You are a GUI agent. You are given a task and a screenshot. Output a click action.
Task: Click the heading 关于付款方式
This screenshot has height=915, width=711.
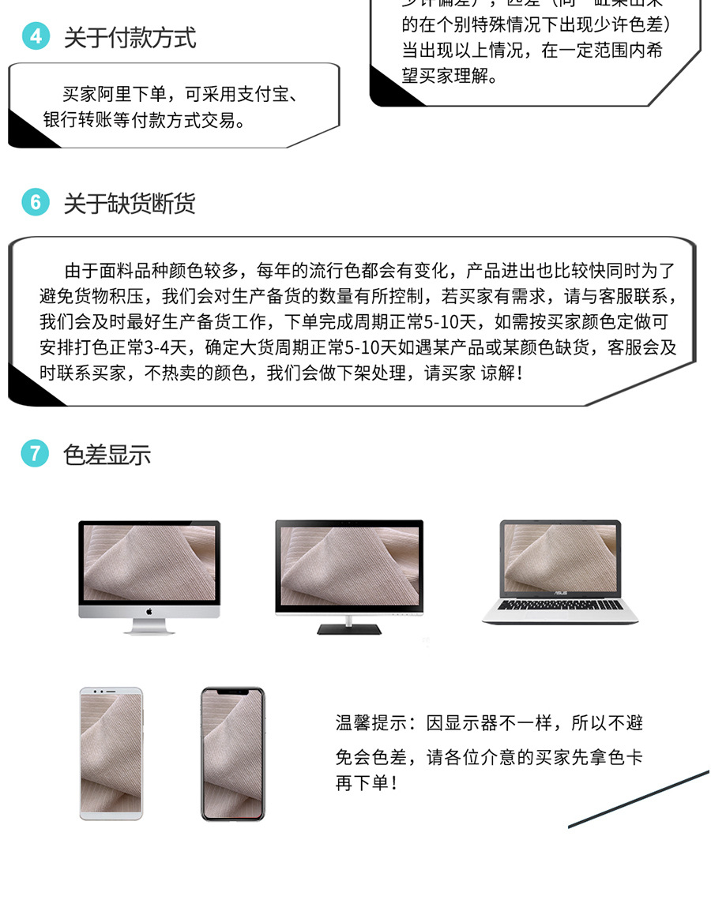130,38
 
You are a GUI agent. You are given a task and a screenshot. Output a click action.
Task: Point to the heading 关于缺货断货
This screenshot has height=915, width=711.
130,204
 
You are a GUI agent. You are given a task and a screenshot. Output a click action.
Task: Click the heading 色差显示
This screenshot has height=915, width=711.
107,456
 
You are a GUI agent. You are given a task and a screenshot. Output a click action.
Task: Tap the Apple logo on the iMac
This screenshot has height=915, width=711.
149,612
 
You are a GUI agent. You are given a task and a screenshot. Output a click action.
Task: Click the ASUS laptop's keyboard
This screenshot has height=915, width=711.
560,605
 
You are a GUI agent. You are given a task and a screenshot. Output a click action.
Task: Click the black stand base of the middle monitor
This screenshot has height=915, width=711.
348,629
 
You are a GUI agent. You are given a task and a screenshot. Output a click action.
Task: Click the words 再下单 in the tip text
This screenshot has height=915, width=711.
363,784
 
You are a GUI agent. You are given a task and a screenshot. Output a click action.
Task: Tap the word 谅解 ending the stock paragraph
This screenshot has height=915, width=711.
498,373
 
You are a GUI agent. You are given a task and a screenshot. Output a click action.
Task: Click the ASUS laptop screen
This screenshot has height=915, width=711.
560,558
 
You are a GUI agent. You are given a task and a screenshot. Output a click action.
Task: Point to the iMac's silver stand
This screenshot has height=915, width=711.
149,627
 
